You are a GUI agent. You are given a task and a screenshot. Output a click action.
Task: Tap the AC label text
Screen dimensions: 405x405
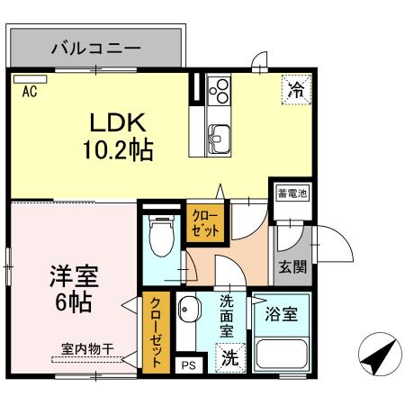(x=29, y=91)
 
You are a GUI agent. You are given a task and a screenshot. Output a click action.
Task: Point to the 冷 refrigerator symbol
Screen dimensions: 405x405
(x=294, y=89)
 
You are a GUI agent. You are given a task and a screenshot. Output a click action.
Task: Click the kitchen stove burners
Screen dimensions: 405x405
(x=219, y=89)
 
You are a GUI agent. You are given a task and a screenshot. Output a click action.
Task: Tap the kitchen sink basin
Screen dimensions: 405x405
(x=219, y=136)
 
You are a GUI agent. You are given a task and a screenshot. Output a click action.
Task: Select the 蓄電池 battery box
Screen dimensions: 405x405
(x=292, y=193)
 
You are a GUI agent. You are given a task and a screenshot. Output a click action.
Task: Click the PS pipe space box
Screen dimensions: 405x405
(x=189, y=364)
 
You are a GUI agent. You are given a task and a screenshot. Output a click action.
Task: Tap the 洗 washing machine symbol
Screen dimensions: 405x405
(x=230, y=356)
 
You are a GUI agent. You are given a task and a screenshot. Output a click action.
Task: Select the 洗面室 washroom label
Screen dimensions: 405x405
(x=227, y=317)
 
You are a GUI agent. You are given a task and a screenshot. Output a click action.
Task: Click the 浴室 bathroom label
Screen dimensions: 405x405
(x=282, y=316)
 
